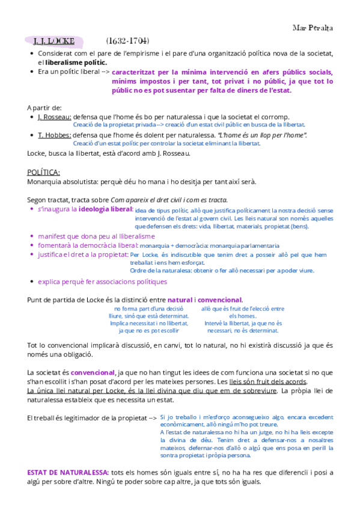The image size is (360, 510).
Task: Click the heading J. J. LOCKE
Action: coord(53,41)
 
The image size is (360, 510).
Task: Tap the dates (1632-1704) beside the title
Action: coord(127,41)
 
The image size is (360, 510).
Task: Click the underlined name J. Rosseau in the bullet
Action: coord(54,116)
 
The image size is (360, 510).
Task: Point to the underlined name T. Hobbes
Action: coord(53,135)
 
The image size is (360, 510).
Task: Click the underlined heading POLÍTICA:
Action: coord(44,172)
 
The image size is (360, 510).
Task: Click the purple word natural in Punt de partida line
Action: coord(180,300)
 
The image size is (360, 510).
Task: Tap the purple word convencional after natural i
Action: coord(220,300)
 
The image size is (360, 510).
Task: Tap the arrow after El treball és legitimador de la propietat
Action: coord(153,417)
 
